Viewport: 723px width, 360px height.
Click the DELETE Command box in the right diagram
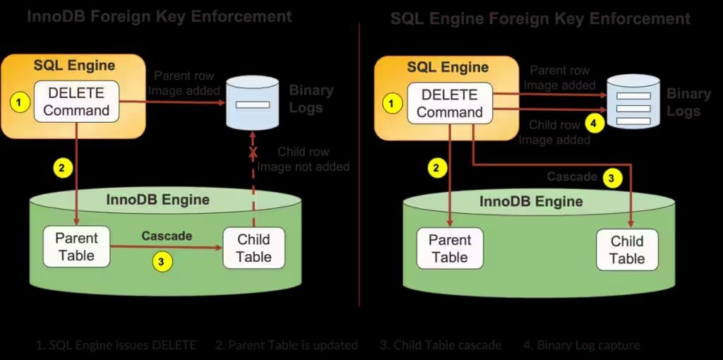coord(449,103)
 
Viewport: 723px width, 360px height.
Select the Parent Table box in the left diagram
coord(76,246)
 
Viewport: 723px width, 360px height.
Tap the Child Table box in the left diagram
coord(253,248)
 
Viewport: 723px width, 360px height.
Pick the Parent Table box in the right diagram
coord(450,248)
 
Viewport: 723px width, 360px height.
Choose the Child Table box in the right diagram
coord(626,250)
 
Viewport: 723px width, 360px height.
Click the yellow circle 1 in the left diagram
coord(20,102)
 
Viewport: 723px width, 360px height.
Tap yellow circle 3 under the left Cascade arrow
coord(162,261)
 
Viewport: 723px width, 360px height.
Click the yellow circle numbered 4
coord(594,124)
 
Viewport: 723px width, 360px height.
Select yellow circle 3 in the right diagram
coord(612,178)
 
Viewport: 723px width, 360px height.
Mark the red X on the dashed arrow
coord(253,152)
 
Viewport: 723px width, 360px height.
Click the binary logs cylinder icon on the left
coord(252,103)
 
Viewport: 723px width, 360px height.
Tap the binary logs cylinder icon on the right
coord(633,102)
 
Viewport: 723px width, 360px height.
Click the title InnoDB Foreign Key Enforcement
coord(160,16)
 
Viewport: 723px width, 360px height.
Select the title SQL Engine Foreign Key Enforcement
coord(540,19)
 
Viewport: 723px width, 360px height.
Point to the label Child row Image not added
coord(303,159)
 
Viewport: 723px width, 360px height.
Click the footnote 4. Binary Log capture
coord(581,345)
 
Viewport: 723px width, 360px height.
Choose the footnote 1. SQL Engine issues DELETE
coord(116,345)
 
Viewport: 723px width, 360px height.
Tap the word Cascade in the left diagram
coord(167,236)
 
